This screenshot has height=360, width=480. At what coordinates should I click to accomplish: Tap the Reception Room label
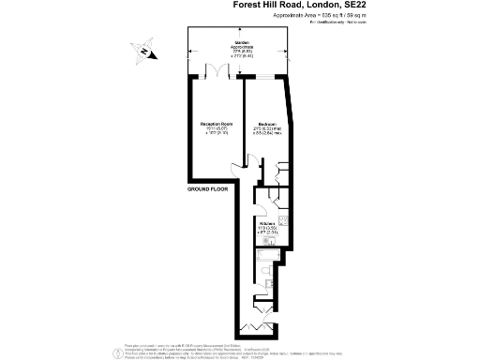(x=215, y=124)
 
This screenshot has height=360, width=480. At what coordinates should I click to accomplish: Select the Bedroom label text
(x=266, y=124)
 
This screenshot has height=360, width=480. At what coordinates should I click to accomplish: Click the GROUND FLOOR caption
(x=207, y=190)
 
